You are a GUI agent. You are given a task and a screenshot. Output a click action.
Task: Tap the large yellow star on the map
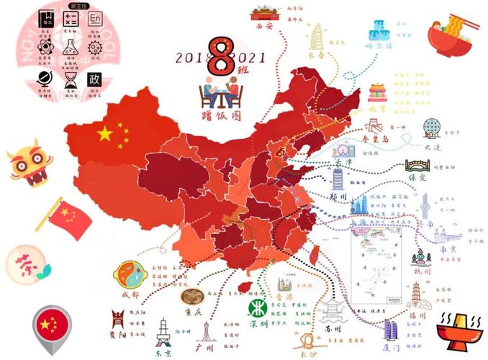pyautogui.click(x=105, y=133)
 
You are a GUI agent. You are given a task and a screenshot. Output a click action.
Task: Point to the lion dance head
pyautogui.click(x=25, y=166)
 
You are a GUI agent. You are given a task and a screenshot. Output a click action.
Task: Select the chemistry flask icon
pyautogui.click(x=70, y=48)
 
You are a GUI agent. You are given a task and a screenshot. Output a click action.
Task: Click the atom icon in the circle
pyautogui.click(x=45, y=48)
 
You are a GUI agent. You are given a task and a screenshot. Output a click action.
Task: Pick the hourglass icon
pyautogui.click(x=70, y=78)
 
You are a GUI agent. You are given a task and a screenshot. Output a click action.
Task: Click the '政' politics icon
pyautogui.click(x=94, y=78)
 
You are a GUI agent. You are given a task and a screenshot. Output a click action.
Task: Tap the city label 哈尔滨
pyautogui.click(x=381, y=46)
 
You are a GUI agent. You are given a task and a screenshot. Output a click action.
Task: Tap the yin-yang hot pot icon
pyautogui.click(x=128, y=274)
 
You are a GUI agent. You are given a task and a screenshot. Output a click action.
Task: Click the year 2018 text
pyautogui.click(x=190, y=58)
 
